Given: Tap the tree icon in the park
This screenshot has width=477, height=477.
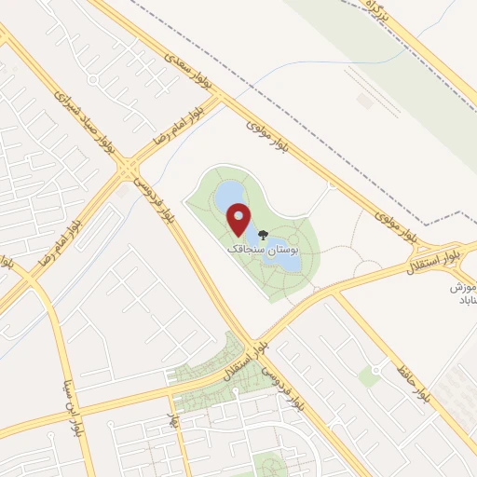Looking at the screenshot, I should click(x=263, y=236).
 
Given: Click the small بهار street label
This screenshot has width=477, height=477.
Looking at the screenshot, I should click(x=173, y=421).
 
